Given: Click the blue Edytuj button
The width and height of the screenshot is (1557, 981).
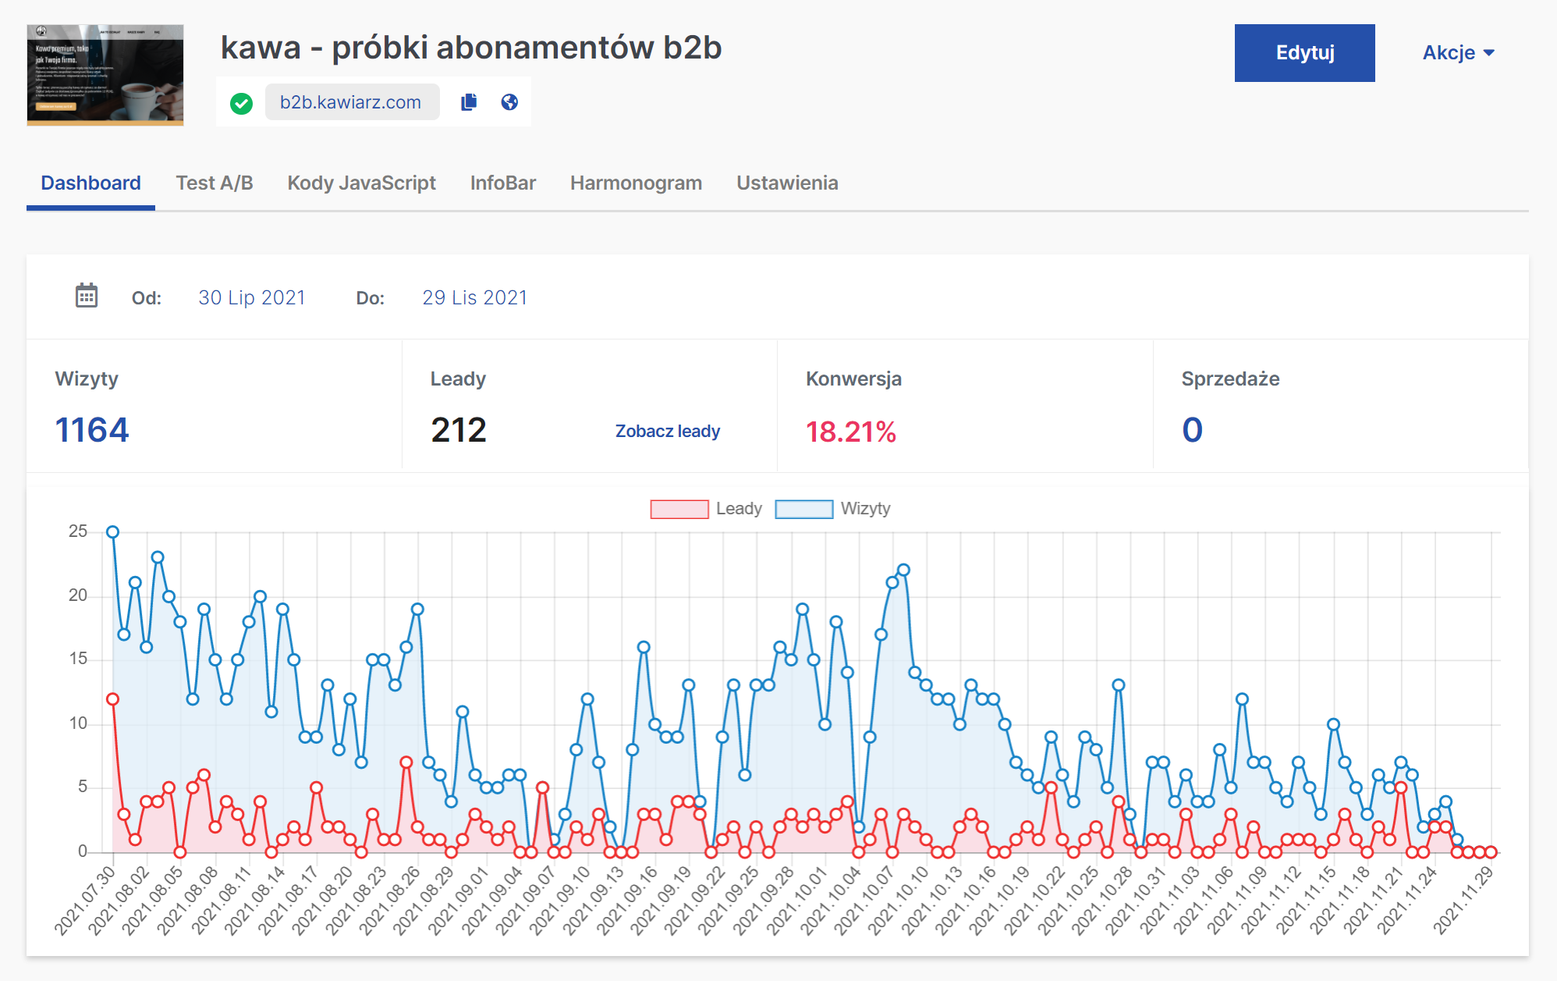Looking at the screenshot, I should [x=1304, y=53].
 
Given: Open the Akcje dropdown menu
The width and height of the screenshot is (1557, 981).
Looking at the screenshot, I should [x=1457, y=53].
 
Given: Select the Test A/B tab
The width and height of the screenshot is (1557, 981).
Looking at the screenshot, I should [x=215, y=183].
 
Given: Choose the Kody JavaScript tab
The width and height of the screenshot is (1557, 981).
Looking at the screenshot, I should [x=361, y=183].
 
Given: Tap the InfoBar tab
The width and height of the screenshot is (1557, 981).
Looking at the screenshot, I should [x=502, y=183].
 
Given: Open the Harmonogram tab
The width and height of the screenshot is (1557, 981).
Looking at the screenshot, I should [x=636, y=183].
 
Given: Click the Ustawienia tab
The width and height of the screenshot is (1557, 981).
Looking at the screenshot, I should [x=787, y=183].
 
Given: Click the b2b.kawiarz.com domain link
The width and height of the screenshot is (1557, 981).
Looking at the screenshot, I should [x=351, y=102].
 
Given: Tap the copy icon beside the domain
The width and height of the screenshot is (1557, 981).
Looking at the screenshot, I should [x=469, y=102].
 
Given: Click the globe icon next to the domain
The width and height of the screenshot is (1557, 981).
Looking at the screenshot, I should [x=509, y=102].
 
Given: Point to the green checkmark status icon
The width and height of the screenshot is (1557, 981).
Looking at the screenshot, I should [x=241, y=103].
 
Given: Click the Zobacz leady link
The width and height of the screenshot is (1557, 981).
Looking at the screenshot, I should [x=667, y=432].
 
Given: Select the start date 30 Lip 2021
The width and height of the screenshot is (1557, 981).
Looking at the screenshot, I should [x=251, y=298].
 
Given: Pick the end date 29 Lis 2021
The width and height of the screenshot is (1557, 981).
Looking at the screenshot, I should [x=474, y=298].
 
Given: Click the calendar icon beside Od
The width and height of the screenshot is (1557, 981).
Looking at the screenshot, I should [x=87, y=297].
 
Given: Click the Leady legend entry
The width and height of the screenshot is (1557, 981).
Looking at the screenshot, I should [x=706, y=509].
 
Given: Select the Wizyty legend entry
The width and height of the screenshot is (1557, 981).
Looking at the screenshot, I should [x=832, y=509].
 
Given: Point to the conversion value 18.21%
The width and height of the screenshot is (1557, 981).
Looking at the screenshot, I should [x=850, y=432].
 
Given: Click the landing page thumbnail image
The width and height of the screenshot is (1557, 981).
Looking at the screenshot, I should [x=105, y=75].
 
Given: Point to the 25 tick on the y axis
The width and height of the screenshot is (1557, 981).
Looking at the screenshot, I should [x=78, y=531].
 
